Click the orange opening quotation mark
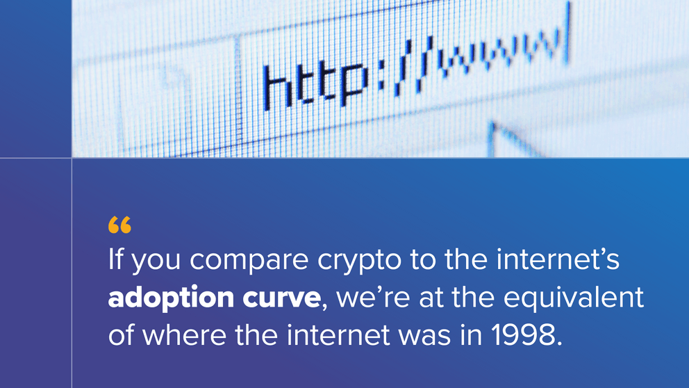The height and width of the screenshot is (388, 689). click(x=119, y=225)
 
